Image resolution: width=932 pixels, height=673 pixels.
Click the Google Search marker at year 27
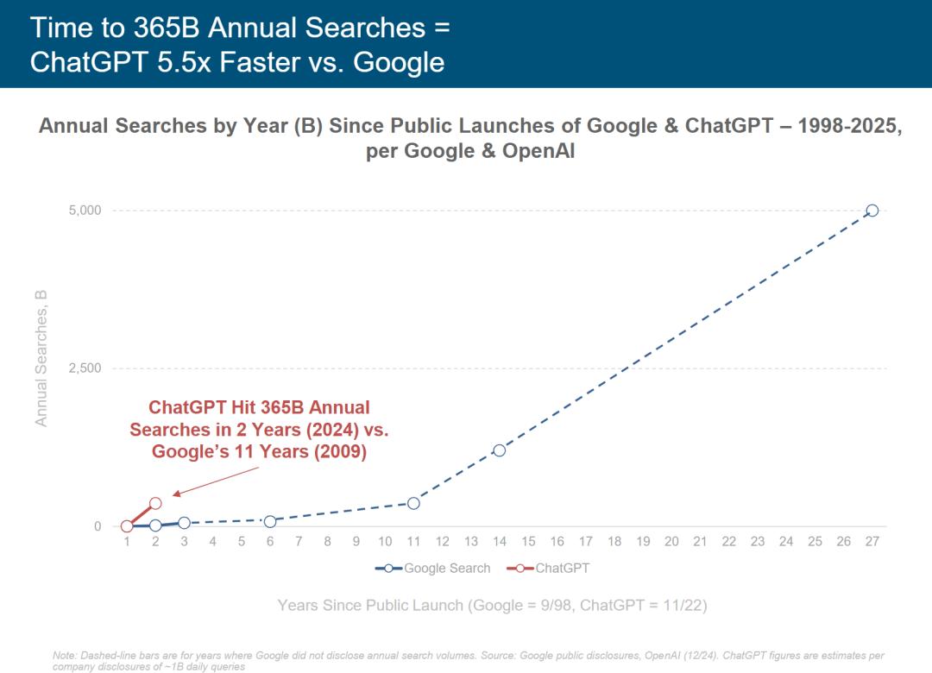tap(872, 211)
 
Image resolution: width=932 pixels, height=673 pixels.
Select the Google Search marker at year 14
tap(499, 450)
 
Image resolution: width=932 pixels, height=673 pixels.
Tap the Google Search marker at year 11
tap(413, 503)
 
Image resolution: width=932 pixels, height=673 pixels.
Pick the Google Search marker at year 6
tap(270, 521)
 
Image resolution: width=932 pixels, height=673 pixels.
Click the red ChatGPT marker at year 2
tap(155, 503)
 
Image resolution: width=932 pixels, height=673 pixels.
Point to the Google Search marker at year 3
tap(184, 523)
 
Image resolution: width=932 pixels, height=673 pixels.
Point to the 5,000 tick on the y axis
tap(85, 211)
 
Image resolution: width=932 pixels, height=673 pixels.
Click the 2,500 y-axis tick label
tap(85, 368)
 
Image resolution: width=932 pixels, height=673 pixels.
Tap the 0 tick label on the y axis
tap(98, 526)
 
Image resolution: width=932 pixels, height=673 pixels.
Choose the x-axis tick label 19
tap(643, 542)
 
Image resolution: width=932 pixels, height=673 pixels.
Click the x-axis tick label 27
tap(872, 542)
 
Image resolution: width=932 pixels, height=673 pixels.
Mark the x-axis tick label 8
tap(327, 542)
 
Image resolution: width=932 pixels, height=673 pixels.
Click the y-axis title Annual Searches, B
tap(41, 358)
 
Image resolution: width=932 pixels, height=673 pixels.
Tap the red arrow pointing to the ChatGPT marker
tap(216, 482)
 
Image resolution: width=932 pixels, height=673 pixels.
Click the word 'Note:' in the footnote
tap(66, 656)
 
